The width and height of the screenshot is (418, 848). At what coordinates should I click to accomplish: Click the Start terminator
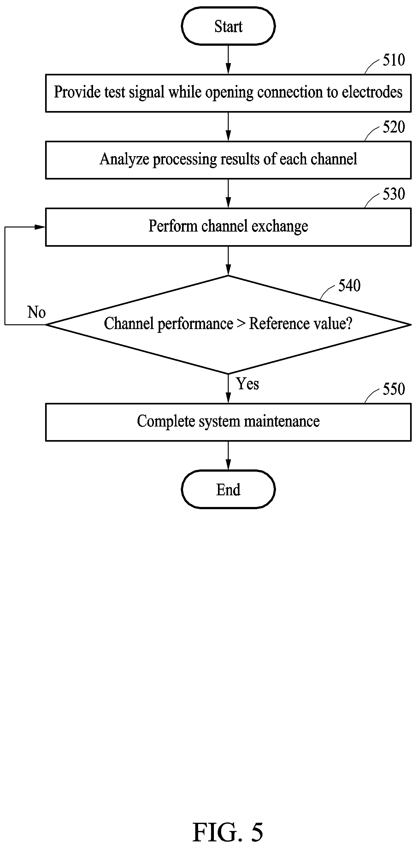pyautogui.click(x=228, y=26)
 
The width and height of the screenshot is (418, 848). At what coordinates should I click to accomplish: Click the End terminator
pyautogui.click(x=228, y=490)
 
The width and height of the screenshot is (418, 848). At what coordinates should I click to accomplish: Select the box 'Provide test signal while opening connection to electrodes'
pyautogui.click(x=228, y=93)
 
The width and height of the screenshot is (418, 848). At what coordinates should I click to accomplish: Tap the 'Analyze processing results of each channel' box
pyautogui.click(x=228, y=160)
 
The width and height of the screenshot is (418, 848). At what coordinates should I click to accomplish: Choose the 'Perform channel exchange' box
pyautogui.click(x=228, y=227)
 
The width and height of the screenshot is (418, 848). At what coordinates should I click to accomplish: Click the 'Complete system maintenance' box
pyautogui.click(x=228, y=422)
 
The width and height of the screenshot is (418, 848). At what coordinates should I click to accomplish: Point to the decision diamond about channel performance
pyautogui.click(x=228, y=325)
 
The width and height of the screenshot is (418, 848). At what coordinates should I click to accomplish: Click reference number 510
pyautogui.click(x=394, y=60)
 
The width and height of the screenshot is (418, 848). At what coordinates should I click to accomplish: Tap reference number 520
pyautogui.click(x=394, y=127)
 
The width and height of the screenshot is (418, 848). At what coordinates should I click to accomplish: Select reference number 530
pyautogui.click(x=394, y=194)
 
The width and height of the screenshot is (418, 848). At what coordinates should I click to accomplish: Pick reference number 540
pyautogui.click(x=349, y=286)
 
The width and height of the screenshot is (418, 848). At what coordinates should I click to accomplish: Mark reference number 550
pyautogui.click(x=394, y=389)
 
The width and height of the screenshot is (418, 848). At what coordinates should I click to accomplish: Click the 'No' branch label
pyautogui.click(x=37, y=312)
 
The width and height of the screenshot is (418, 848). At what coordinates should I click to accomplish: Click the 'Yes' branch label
pyautogui.click(x=248, y=384)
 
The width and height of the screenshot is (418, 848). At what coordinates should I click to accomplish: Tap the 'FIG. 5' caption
pyautogui.click(x=228, y=832)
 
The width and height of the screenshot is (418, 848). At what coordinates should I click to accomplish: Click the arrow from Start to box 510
pyautogui.click(x=228, y=60)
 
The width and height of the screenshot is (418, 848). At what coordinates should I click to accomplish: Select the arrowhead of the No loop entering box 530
pyautogui.click(x=40, y=227)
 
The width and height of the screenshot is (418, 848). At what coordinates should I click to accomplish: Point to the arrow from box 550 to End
pyautogui.click(x=228, y=456)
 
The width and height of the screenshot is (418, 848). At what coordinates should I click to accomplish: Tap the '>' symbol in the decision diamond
pyautogui.click(x=241, y=324)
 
